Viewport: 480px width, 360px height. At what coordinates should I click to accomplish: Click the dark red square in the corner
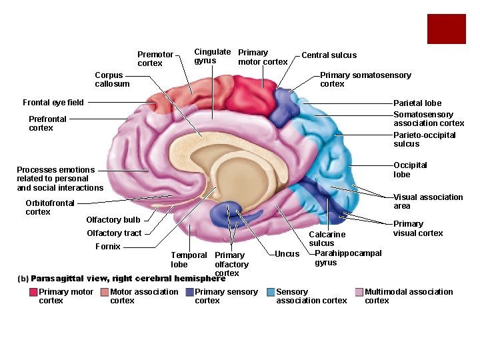(446, 29)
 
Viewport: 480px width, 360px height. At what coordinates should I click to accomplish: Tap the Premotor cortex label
(155, 59)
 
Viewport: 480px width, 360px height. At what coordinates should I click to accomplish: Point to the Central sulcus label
(329, 55)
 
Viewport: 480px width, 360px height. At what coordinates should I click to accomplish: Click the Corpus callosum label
(112, 79)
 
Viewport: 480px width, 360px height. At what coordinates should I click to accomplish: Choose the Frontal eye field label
(53, 103)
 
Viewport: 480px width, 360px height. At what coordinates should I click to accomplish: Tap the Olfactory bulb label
(113, 220)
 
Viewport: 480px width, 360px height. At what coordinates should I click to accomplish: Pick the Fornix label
(108, 247)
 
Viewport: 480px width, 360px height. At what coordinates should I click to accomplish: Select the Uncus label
(287, 254)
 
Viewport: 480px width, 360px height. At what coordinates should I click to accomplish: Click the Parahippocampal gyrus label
(347, 258)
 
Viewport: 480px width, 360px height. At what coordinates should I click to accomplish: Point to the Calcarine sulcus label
(327, 239)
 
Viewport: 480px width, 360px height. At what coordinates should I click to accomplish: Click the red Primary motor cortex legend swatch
(33, 292)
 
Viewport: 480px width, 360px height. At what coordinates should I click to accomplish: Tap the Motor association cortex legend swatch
(105, 292)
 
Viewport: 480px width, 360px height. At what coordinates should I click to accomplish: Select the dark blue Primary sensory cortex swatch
(189, 292)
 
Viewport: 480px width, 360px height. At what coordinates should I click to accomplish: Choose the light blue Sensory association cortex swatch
(271, 292)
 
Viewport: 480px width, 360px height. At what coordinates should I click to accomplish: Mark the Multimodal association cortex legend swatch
(359, 292)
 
